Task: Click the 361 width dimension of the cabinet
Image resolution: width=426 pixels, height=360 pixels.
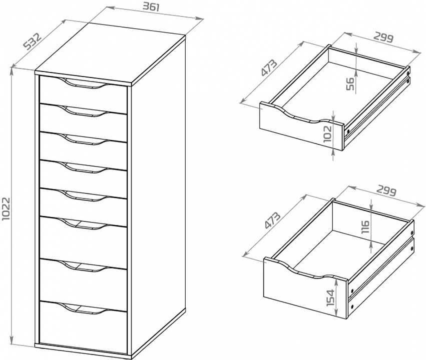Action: pyautogui.click(x=154, y=6)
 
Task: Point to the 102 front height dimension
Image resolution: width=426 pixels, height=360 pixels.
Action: pyautogui.click(x=327, y=134)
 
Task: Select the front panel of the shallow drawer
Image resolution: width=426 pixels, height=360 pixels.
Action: pyautogui.click(x=295, y=127)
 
